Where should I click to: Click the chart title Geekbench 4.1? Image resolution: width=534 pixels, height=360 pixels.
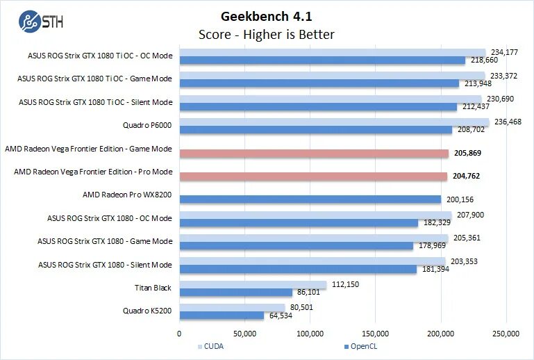[x=266, y=16]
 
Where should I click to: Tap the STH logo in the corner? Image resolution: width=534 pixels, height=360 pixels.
[x=42, y=21]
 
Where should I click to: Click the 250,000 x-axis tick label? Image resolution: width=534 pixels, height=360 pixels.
[x=506, y=334]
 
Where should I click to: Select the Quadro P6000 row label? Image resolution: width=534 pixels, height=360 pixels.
[x=147, y=125]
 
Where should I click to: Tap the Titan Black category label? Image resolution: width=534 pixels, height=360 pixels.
[x=153, y=287]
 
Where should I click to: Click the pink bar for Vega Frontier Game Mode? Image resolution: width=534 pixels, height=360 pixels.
[x=314, y=153]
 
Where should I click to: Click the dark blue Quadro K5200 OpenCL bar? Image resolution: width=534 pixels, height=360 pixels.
[x=222, y=316]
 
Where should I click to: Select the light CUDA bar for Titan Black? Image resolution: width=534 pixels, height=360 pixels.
[x=253, y=284]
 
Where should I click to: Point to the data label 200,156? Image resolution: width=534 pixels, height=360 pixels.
[x=460, y=199]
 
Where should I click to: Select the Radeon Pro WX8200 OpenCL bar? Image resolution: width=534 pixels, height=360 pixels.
[x=310, y=199]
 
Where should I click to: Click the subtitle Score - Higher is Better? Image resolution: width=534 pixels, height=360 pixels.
[x=266, y=34]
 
